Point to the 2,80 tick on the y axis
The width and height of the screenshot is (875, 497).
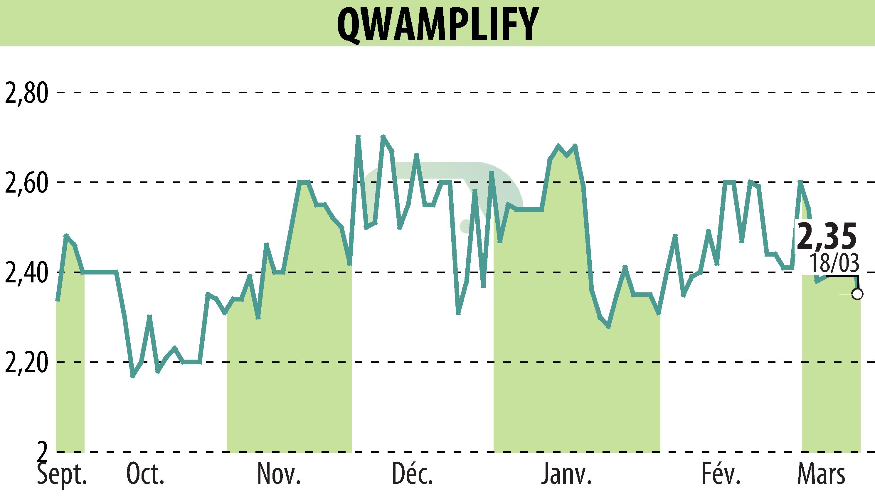26,93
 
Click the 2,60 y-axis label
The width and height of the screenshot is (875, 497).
26,183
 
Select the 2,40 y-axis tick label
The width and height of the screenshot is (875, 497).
26,273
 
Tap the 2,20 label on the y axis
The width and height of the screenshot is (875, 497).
26,363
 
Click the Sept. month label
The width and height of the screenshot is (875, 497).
62,474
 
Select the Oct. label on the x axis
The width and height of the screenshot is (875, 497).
145,474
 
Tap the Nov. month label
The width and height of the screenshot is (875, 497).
279,474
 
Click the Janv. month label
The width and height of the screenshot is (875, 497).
567,474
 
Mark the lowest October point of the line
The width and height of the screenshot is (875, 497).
133,376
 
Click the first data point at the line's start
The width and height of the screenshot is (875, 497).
58,300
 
